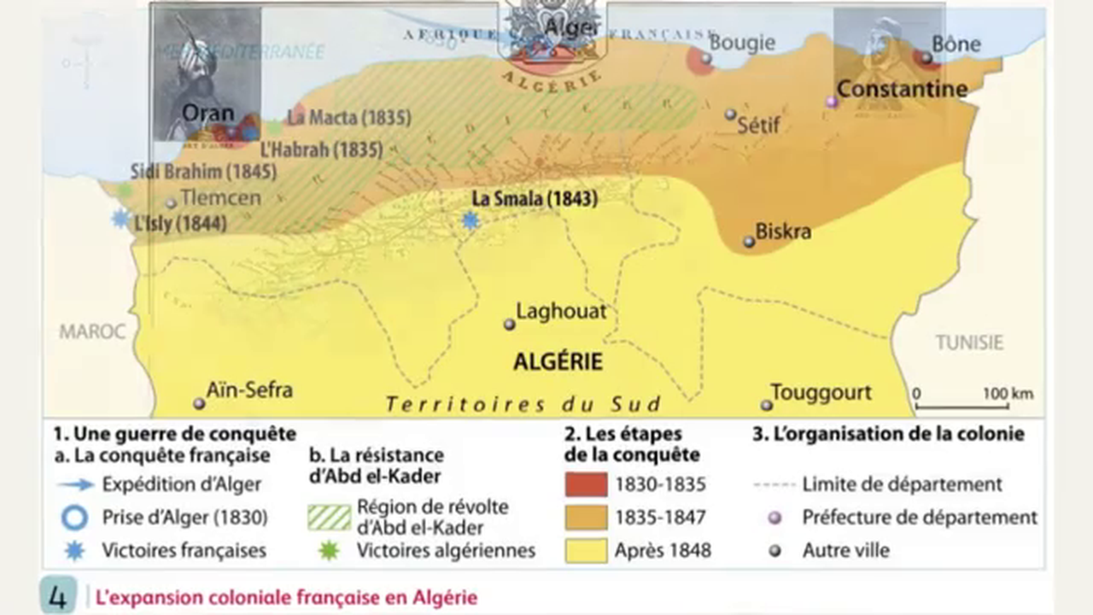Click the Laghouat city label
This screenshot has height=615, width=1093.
560,312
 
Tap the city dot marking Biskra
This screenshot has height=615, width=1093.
749,242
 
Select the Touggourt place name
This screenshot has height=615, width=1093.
821,392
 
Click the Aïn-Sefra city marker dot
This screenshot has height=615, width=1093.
199,403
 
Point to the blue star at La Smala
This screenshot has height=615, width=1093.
470,220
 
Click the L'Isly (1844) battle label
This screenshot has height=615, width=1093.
180,224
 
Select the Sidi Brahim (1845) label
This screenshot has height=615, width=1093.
203,172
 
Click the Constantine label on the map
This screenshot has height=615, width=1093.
902,89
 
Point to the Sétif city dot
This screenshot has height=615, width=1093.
730,114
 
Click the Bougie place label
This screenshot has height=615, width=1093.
742,43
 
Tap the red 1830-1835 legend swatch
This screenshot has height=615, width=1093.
586,484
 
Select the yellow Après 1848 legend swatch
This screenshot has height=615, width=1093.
586,550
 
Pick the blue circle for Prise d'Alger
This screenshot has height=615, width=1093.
75,518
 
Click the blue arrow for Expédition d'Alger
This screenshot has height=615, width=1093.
75,484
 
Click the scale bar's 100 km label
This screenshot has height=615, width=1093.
1008,394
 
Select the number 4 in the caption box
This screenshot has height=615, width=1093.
58,597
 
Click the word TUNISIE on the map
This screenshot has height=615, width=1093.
969,343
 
